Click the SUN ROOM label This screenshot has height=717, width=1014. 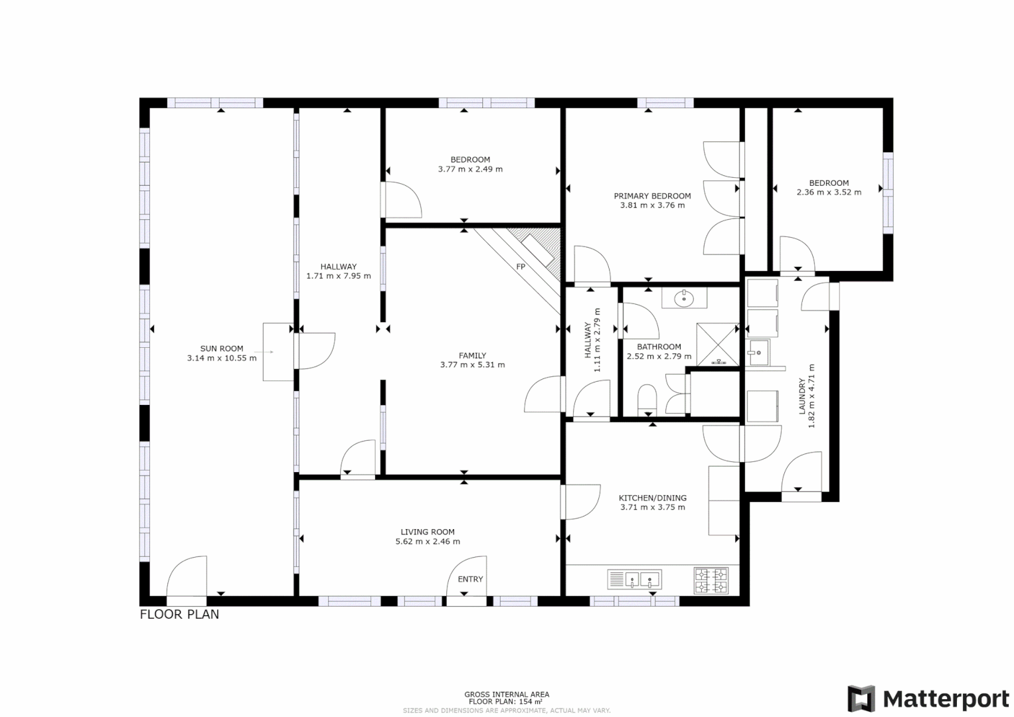click(222, 349)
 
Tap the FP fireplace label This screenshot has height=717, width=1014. click(521, 267)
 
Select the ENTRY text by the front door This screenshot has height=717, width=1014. click(470, 579)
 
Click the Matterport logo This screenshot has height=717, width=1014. click(928, 699)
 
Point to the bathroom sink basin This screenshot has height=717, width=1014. click(684, 299)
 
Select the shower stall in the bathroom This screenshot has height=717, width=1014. click(717, 344)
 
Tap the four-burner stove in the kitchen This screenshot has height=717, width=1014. click(711, 580)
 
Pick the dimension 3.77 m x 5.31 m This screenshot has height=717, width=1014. click(472, 364)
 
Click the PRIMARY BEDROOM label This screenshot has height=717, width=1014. click(652, 196)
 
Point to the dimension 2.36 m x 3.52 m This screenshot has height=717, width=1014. click(829, 193)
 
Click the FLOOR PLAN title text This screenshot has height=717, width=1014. click(179, 615)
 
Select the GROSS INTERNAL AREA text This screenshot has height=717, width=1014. click(507, 694)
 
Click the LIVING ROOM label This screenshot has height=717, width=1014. click(428, 532)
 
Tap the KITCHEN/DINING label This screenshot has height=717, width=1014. click(653, 498)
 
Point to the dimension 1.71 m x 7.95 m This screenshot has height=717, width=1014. click(339, 276)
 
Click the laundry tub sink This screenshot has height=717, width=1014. click(758, 353)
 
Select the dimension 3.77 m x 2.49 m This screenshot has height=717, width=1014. click(470, 169)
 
